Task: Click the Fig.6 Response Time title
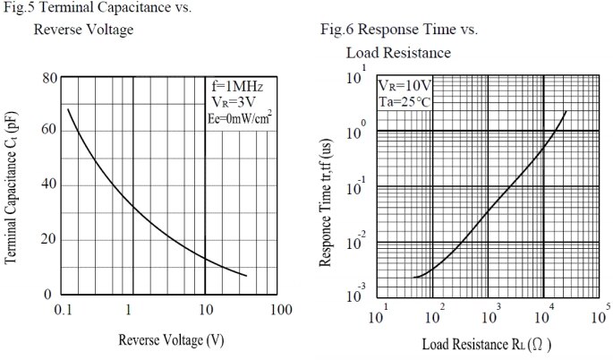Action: click(x=399, y=30)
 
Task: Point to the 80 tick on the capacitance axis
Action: click(x=49, y=78)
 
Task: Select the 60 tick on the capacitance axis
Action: click(x=49, y=130)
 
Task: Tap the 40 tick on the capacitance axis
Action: click(x=49, y=184)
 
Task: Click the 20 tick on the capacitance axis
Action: click(x=49, y=239)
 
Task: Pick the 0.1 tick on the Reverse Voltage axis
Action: click(x=64, y=310)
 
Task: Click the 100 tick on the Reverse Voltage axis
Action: click(x=280, y=310)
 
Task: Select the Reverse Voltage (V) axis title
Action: click(x=171, y=340)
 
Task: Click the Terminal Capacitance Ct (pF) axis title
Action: click(x=13, y=185)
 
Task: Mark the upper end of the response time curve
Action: click(x=566, y=111)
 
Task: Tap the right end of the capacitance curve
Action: click(x=246, y=276)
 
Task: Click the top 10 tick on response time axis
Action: click(x=356, y=78)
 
